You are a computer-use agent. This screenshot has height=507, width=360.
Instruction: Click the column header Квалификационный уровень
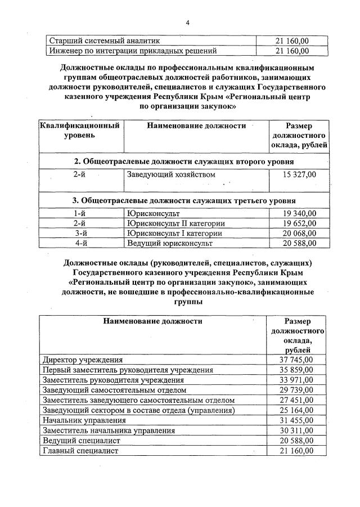(79, 131)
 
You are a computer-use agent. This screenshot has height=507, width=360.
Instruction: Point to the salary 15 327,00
(298, 174)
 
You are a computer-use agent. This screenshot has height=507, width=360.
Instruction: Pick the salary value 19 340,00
(298, 214)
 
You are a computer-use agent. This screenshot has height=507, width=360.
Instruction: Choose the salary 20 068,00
(298, 233)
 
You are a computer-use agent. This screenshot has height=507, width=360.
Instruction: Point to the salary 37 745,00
(296, 360)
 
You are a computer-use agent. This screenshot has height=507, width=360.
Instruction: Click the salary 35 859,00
(296, 370)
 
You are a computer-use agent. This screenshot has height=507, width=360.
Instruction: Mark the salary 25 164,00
(296, 410)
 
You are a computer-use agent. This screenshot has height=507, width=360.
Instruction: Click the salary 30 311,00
(296, 430)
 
